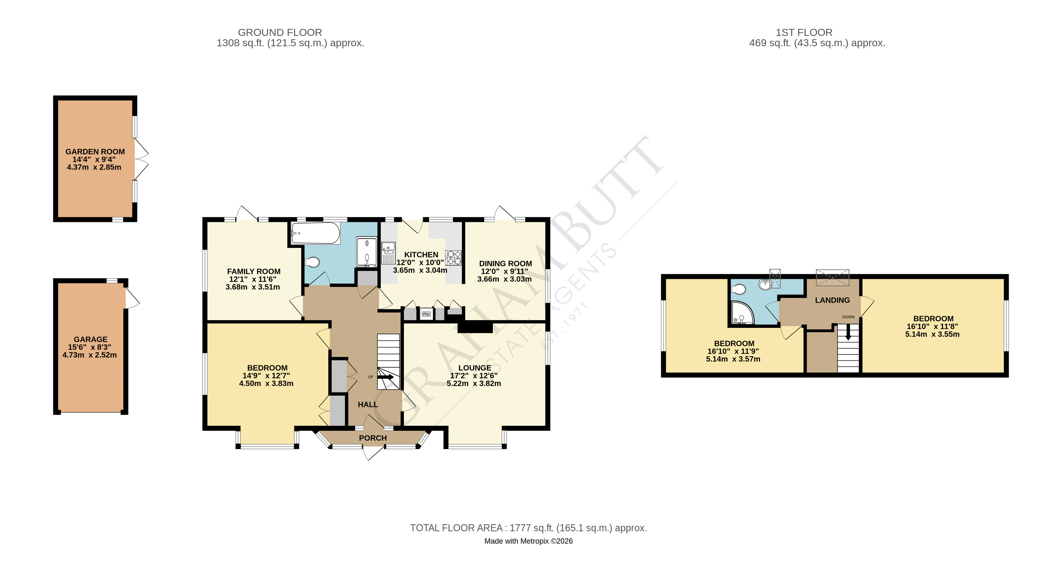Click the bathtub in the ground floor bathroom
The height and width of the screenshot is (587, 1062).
click(315, 234)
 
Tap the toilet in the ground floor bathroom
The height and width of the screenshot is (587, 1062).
click(312, 262)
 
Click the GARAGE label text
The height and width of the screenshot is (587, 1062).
click(90, 339)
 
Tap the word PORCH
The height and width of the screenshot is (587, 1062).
click(373, 438)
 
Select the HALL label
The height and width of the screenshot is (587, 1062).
click(368, 405)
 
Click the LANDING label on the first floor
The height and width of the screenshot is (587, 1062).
click(832, 300)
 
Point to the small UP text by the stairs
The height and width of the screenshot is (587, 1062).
click(370, 377)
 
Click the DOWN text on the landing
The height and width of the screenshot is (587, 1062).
click(848, 317)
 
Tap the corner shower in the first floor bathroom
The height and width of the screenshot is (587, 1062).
click(742, 312)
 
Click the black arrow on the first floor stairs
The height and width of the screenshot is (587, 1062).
click(848, 332)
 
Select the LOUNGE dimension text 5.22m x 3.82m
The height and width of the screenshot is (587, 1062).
click(474, 383)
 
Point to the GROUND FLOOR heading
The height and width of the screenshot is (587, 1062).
click(280, 32)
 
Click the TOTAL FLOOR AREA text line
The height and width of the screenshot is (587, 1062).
click(528, 528)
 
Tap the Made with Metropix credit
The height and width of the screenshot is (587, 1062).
click(528, 541)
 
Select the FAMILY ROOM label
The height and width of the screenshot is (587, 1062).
click(253, 272)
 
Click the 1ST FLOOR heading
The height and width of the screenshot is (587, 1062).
click(804, 32)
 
